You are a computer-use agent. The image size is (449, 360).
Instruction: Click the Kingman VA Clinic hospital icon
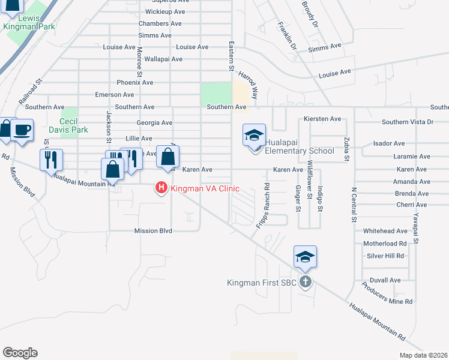(x=161, y=188)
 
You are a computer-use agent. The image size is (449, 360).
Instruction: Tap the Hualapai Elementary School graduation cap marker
(x=254, y=136)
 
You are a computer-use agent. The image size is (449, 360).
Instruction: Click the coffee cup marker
(x=22, y=130)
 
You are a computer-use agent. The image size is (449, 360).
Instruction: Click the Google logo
(x=20, y=353)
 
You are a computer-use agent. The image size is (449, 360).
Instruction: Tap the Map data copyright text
(x=423, y=355)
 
